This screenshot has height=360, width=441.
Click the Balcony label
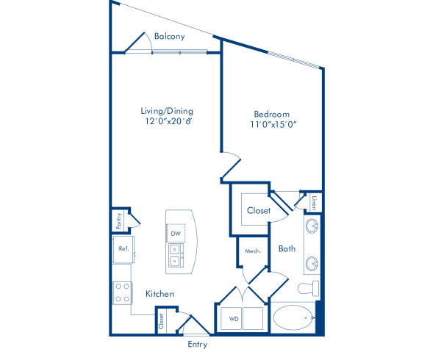click(x=169, y=36)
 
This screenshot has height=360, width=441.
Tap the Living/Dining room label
click(x=167, y=111)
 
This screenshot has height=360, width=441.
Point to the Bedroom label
click(x=271, y=114)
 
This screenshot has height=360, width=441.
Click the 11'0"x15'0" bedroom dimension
click(x=271, y=124)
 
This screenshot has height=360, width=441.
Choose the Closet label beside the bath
click(x=258, y=210)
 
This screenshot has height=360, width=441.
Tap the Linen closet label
click(x=314, y=200)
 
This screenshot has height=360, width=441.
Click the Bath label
click(x=287, y=249)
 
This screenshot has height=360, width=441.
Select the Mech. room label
click(x=253, y=251)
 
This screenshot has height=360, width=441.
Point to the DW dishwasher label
click(x=176, y=234)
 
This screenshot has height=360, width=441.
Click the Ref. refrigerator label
click(x=123, y=249)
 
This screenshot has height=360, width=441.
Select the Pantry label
click(x=117, y=218)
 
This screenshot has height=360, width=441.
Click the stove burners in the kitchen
click(x=122, y=292)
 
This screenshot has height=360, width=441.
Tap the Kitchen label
click(x=159, y=294)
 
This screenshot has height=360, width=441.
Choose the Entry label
click(x=197, y=344)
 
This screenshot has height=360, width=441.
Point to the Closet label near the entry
click(x=161, y=320)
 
